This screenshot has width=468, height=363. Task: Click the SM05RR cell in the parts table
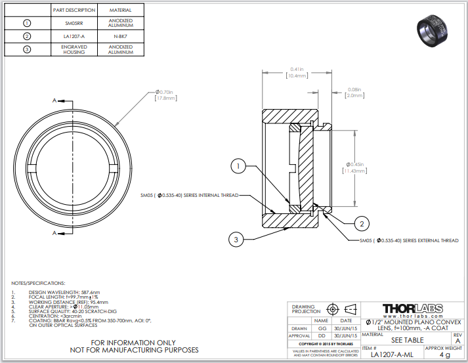point(74,23)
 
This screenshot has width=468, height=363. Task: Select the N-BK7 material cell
point(121,36)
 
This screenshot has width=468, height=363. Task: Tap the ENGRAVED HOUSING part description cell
point(74,50)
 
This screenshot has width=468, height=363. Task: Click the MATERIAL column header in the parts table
point(121,11)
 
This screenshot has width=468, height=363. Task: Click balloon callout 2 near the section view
point(361,224)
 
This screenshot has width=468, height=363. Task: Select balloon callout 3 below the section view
point(237,240)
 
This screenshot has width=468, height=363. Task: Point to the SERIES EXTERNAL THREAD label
point(409,240)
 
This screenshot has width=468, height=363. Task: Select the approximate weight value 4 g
point(445,354)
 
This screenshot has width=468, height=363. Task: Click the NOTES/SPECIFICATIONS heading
point(39,282)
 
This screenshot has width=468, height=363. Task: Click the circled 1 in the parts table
point(27,23)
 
